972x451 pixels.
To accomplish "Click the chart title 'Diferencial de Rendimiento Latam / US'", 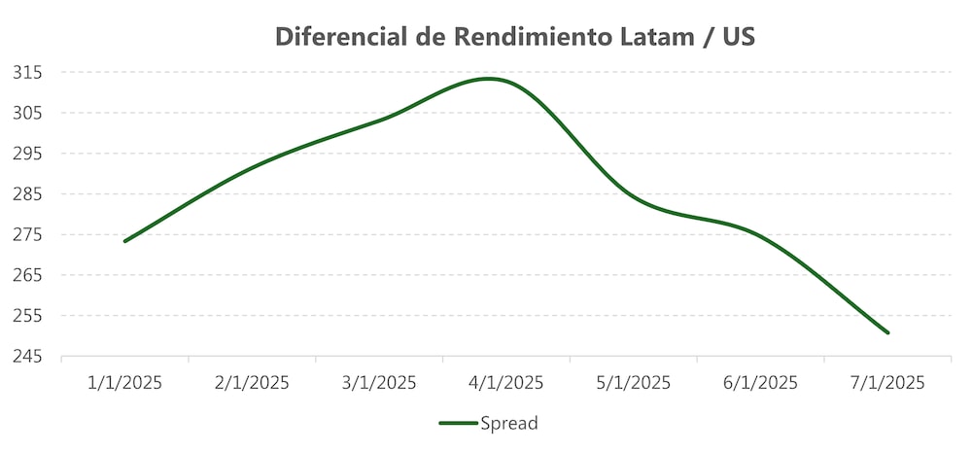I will (515, 37).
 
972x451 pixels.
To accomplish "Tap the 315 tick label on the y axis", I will (27, 72).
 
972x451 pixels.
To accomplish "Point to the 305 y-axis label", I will (27, 113).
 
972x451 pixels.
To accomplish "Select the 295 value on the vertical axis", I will (27, 154).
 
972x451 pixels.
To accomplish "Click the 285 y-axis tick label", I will (27, 193).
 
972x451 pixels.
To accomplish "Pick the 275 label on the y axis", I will (27, 234).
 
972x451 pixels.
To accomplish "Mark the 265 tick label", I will (27, 275).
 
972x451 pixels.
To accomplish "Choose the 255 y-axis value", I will (27, 316).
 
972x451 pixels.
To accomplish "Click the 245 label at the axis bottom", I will (27, 357).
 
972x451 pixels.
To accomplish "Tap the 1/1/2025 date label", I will (124, 382).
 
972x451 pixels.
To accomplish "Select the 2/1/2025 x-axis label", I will (252, 382).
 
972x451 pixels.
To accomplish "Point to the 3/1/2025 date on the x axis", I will (379, 382).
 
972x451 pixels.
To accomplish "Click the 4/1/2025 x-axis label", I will (506, 382).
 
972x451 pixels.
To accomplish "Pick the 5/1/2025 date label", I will (633, 382).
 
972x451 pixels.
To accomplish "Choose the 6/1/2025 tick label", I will (760, 382).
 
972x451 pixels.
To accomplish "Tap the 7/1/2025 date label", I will (887, 382).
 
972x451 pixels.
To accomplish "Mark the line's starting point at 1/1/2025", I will (124, 241).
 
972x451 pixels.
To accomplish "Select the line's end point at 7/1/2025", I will (887, 333).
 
